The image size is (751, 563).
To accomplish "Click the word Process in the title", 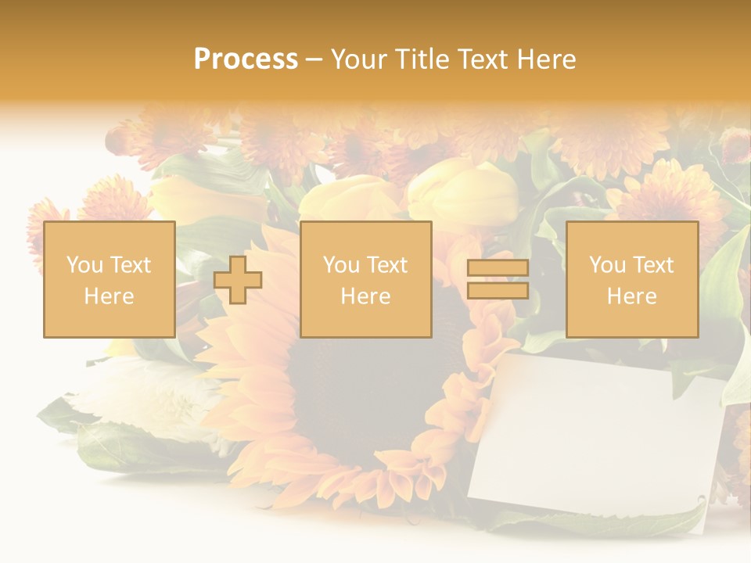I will click(246, 59).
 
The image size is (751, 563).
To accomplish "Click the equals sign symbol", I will click(498, 280).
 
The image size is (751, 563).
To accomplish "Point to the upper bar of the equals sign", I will click(498, 268).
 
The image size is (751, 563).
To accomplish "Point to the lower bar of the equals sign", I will click(498, 291).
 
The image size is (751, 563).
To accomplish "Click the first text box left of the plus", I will click(110, 279).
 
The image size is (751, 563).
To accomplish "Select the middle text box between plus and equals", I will click(365, 279).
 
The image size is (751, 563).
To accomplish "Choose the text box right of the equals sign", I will click(632, 279).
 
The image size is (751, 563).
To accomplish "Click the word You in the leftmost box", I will click(84, 265).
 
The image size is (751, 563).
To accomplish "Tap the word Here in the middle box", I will click(365, 296).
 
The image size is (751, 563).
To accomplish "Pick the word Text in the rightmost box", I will click(652, 265).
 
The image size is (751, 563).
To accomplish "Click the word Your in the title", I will click(357, 59).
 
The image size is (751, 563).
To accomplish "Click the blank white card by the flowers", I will click(595, 438).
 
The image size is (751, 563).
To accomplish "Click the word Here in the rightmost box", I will click(632, 296).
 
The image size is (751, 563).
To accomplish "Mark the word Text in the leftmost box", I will click(130, 265).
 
